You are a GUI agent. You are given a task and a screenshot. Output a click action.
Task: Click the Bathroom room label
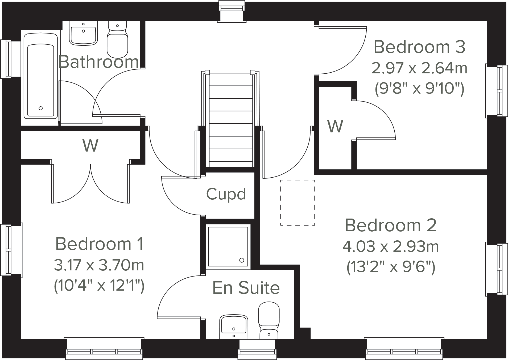coord(98,62)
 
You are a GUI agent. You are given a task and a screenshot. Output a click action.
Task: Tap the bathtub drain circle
coord(41,108)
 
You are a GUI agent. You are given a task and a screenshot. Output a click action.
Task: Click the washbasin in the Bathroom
coord(83,33)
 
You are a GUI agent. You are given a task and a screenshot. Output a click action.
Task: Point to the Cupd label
coord(226,194)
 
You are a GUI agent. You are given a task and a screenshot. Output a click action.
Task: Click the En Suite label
coord(246,288)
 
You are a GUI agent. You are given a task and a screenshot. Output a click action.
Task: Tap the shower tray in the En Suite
coord(228,246)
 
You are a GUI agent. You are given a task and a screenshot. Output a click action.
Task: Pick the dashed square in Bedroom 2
coord(298,203)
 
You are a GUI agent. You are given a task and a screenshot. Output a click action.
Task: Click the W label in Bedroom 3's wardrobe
coord(335,126)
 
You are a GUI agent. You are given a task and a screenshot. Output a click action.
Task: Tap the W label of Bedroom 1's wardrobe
coord(90,145)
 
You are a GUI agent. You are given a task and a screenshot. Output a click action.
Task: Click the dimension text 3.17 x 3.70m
coord(99,265)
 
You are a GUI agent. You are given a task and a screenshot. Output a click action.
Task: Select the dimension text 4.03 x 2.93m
coord(390,246)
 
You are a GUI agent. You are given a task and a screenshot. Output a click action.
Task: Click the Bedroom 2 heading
coord(390,225)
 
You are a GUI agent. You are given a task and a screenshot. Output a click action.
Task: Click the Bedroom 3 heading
coord(419,47)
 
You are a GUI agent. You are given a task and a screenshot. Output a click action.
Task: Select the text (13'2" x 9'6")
coord(390,267)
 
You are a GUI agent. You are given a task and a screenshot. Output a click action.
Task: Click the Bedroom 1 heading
coord(100,244)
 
